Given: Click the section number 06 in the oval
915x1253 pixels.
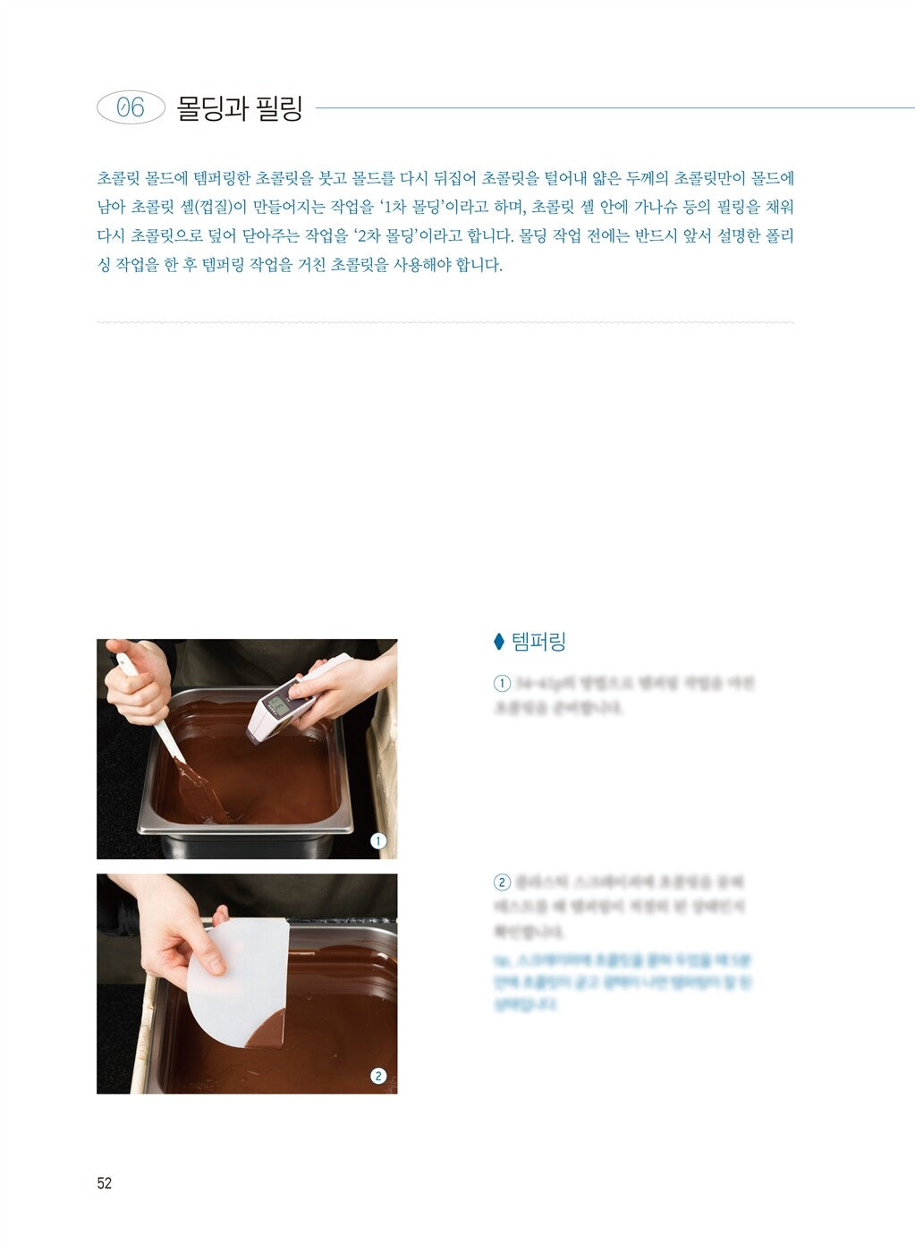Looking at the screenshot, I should click(131, 107).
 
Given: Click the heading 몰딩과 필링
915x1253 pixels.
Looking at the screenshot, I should click(240, 108).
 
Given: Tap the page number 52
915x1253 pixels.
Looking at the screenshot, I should click(105, 1183).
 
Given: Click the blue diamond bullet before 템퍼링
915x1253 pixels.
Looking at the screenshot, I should click(499, 642).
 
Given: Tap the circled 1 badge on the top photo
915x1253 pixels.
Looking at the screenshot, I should click(378, 840).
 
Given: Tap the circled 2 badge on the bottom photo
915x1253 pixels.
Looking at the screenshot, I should click(378, 1076).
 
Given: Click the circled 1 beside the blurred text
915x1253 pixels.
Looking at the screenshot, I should click(502, 684).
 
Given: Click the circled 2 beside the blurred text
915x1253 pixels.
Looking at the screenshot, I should click(502, 882).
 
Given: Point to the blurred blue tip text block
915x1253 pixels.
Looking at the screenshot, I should click(622, 982).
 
